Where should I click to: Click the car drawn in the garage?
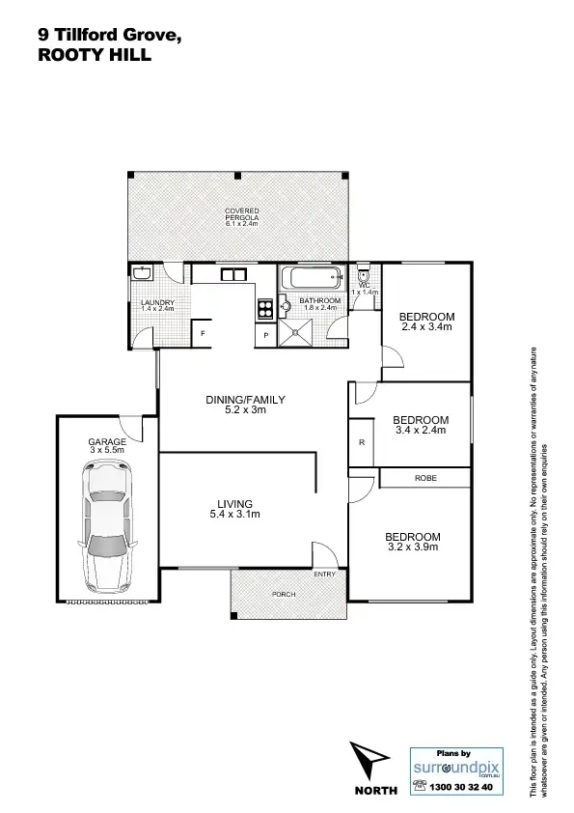point(107,527)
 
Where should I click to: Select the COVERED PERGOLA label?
point(241,216)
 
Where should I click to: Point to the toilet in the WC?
point(363,272)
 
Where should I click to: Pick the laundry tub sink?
point(142,274)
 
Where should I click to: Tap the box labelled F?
point(203,334)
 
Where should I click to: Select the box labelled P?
point(266,335)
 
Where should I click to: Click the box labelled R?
point(361,442)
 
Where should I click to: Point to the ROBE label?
point(425,478)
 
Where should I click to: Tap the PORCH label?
point(284,594)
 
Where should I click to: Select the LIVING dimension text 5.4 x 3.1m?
point(234,514)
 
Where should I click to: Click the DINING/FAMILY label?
point(246,399)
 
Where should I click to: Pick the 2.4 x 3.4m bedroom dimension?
point(426,327)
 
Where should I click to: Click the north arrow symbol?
point(371,763)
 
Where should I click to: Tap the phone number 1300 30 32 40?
point(459,788)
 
